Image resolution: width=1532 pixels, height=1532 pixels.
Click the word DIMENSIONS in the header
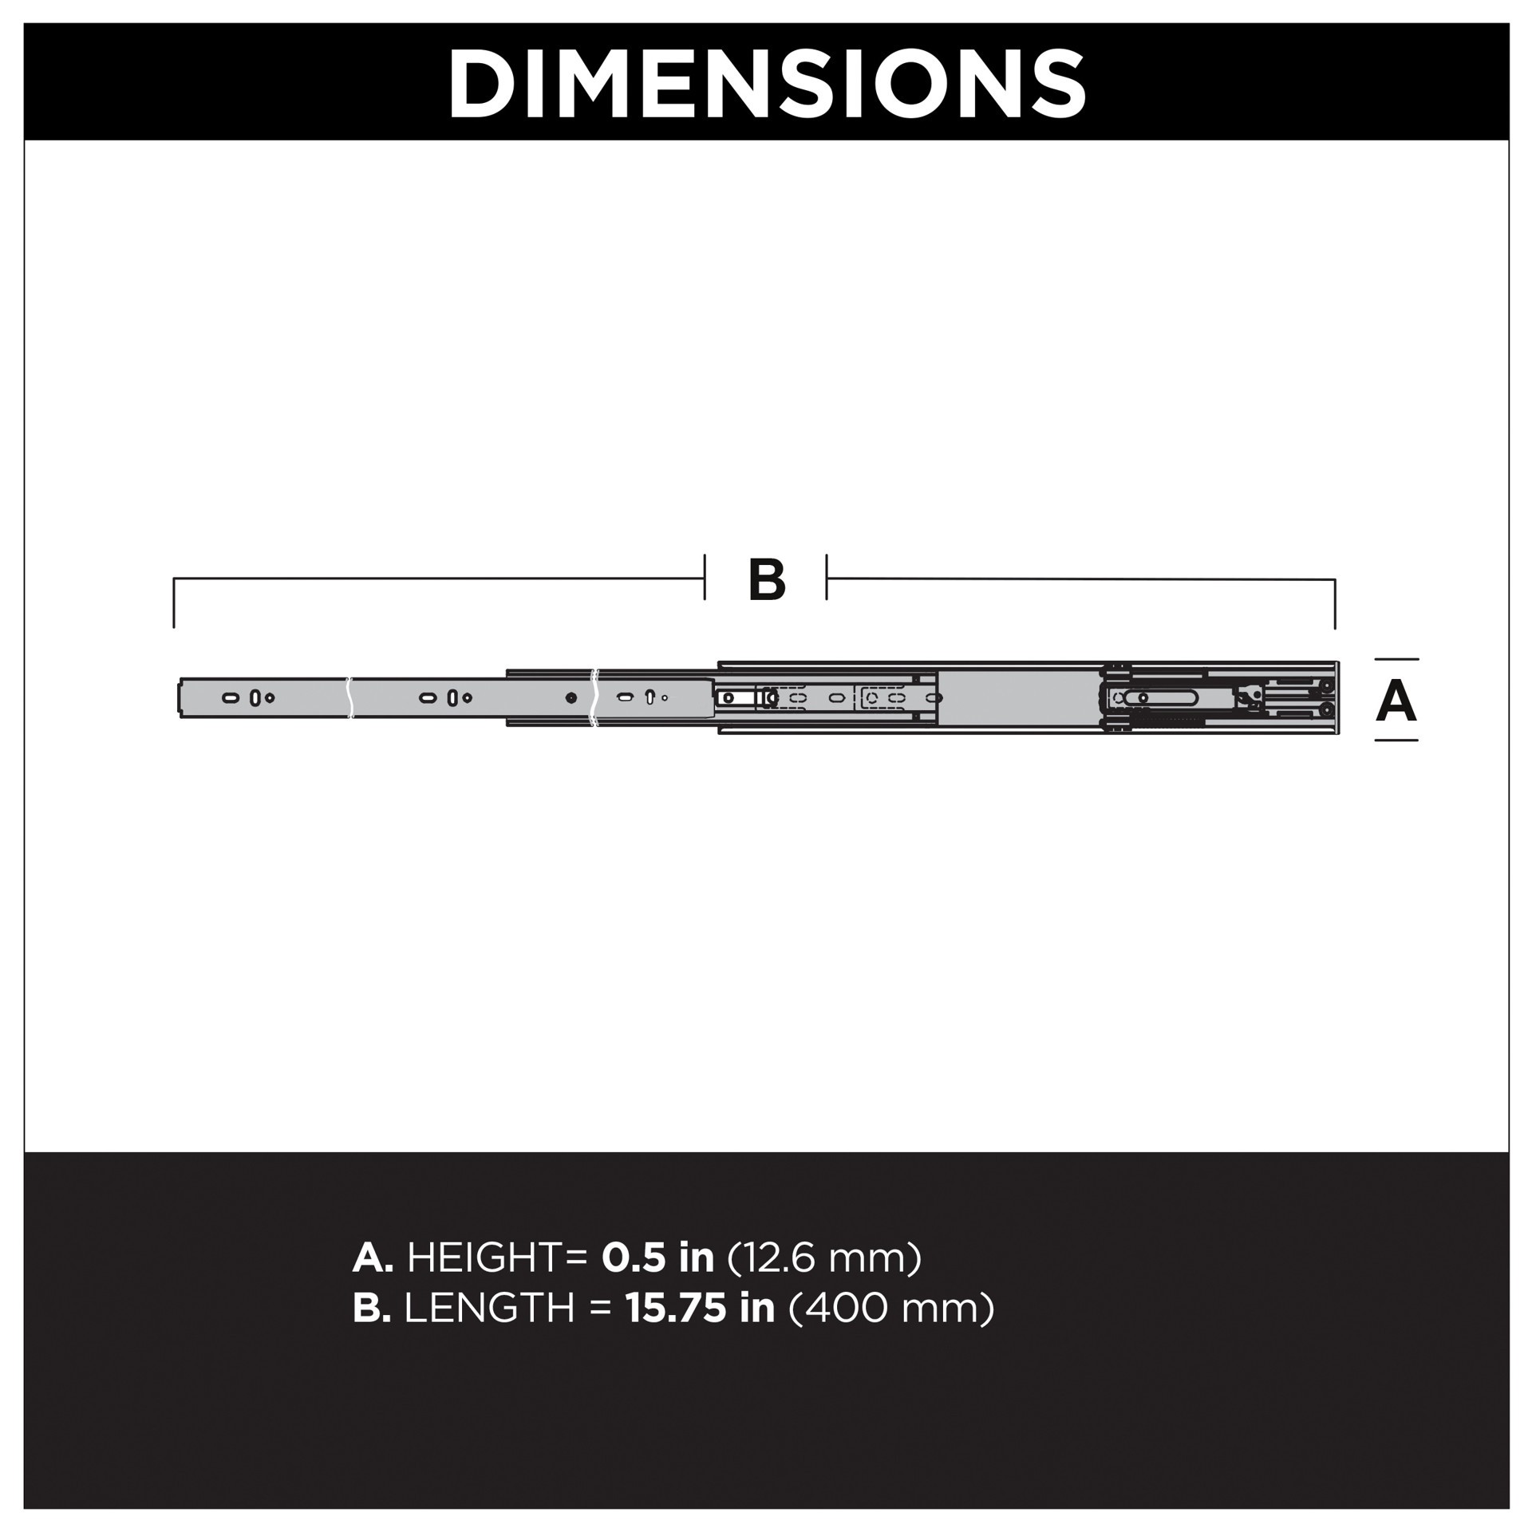click(766, 84)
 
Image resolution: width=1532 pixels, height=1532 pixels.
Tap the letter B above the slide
click(767, 580)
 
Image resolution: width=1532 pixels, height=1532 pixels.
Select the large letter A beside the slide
click(1396, 701)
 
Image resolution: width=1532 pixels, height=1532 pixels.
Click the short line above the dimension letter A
click(1396, 659)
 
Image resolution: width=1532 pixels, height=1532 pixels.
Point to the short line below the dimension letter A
click(1396, 740)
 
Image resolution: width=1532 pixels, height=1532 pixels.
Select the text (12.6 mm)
click(825, 1258)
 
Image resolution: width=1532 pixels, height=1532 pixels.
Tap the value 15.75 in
click(700, 1308)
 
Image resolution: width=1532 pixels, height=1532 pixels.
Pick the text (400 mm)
click(891, 1308)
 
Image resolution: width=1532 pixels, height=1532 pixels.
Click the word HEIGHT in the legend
click(485, 1258)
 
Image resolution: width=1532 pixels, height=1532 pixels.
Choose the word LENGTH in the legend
click(489, 1308)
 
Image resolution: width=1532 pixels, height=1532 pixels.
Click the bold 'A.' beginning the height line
click(373, 1258)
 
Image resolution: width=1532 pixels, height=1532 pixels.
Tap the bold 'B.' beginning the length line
click(372, 1308)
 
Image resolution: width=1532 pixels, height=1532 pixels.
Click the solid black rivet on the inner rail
click(571, 698)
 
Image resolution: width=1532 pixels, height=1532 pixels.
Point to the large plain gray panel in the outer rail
click(1017, 698)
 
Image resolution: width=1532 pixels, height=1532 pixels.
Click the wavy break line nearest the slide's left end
click(349, 698)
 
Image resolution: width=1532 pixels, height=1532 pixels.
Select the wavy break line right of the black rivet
click(593, 698)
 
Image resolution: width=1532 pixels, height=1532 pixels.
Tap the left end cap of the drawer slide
click(179, 697)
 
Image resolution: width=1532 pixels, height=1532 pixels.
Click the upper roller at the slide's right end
click(1325, 686)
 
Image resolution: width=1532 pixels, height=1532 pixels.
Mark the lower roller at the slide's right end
click(1325, 709)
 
